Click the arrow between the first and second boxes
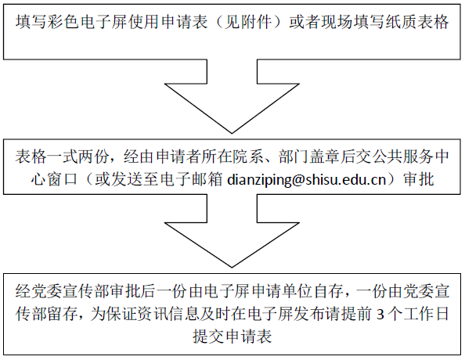point(232,96)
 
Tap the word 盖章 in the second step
point(326,157)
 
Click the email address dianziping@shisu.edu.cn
point(306,180)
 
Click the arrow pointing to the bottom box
point(232,231)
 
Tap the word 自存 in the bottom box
point(329,291)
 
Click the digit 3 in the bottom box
point(380,315)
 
